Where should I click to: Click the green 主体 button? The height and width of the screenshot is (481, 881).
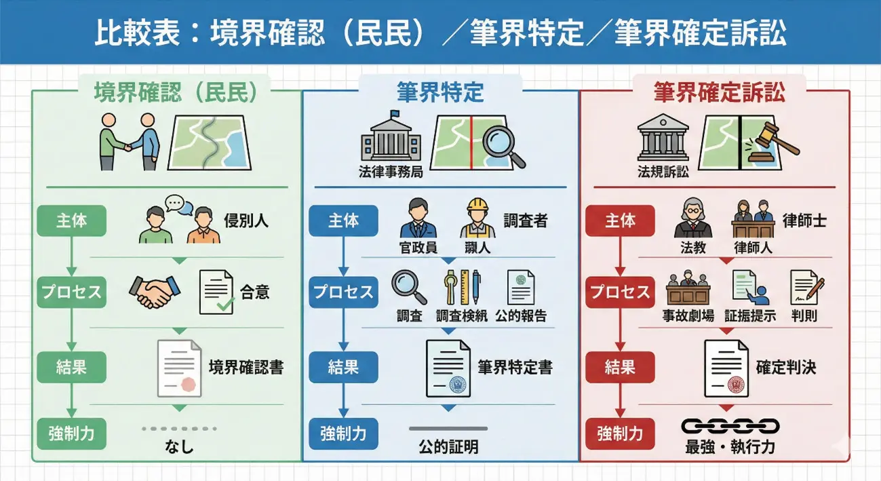tap(72, 220)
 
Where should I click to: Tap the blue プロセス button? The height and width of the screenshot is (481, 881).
tap(343, 292)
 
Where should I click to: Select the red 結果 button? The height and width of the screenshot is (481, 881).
tap(620, 367)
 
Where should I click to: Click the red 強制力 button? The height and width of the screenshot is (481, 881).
tap(620, 434)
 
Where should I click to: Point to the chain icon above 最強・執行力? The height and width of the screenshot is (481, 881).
tap(730, 426)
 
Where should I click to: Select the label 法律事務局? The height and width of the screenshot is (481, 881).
tap(391, 172)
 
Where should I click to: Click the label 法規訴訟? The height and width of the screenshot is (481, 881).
tap(663, 172)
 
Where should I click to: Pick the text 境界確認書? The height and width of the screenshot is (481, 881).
tap(246, 367)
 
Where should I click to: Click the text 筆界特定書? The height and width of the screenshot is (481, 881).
tap(515, 367)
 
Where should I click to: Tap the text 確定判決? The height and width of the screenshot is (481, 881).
tap(786, 367)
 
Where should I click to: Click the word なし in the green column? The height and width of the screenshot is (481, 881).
tap(179, 447)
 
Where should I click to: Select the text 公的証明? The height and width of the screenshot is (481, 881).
tap(448, 447)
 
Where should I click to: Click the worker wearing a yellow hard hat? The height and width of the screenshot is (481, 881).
tap(477, 218)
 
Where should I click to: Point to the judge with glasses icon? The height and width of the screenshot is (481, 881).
tap(693, 218)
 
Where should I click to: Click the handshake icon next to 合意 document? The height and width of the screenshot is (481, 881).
tap(155, 292)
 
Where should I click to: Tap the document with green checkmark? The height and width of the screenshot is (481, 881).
tap(216, 292)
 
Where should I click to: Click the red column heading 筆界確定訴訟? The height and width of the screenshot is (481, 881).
tap(720, 93)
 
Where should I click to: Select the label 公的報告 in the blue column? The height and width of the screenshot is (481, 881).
tap(521, 316)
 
